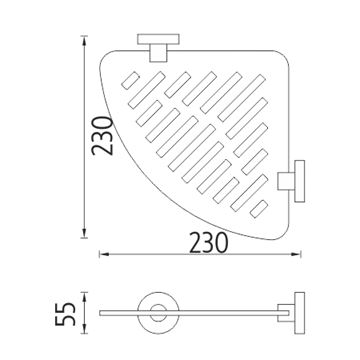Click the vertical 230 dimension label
coord(102,136)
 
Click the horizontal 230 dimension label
coord(209,243)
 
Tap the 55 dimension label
coord(65,314)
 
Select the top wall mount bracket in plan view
coord(158,47)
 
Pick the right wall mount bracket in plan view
coord(291,181)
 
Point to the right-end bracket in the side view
coord(292,313)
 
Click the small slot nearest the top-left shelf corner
coord(130,80)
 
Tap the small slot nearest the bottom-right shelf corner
coord(259,209)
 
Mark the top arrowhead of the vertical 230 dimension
coord(84,39)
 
